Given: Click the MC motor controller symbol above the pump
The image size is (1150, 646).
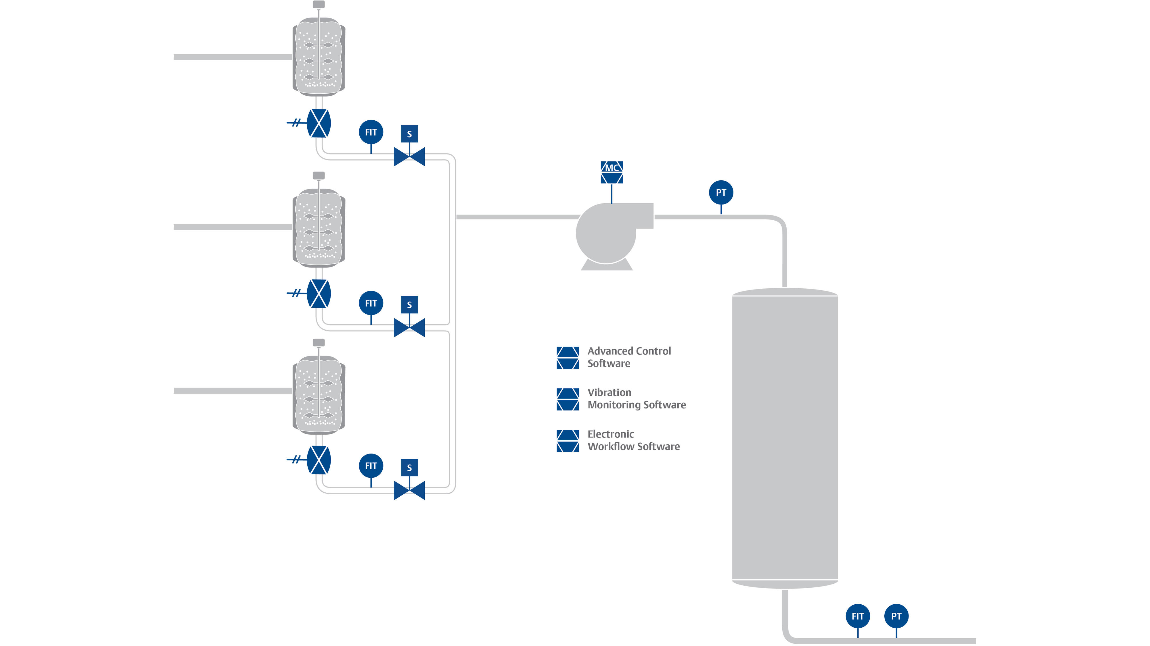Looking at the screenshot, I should (612, 172).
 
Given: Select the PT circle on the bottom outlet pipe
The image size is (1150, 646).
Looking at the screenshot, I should (896, 616).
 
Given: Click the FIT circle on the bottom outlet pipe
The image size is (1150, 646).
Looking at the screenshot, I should (858, 616).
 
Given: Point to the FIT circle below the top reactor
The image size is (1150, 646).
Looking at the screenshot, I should (371, 132).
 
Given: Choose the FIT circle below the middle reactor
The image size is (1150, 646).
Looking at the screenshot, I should (371, 303).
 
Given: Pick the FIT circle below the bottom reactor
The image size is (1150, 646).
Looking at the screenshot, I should (371, 466).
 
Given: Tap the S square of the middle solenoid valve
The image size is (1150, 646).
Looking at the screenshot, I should (409, 305).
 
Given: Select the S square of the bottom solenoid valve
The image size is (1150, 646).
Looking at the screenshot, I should (409, 468).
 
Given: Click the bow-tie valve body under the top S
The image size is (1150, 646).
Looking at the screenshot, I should (409, 157).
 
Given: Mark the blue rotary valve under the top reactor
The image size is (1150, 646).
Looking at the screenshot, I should (319, 123).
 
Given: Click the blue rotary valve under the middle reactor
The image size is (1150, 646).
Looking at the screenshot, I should (319, 294).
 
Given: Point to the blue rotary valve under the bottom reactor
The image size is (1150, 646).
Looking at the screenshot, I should (319, 460).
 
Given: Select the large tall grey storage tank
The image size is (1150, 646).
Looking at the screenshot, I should (785, 437).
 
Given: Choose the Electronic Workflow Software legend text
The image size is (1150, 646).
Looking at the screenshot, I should (633, 440).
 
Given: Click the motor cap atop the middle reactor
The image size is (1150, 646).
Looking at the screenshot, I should (319, 175).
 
